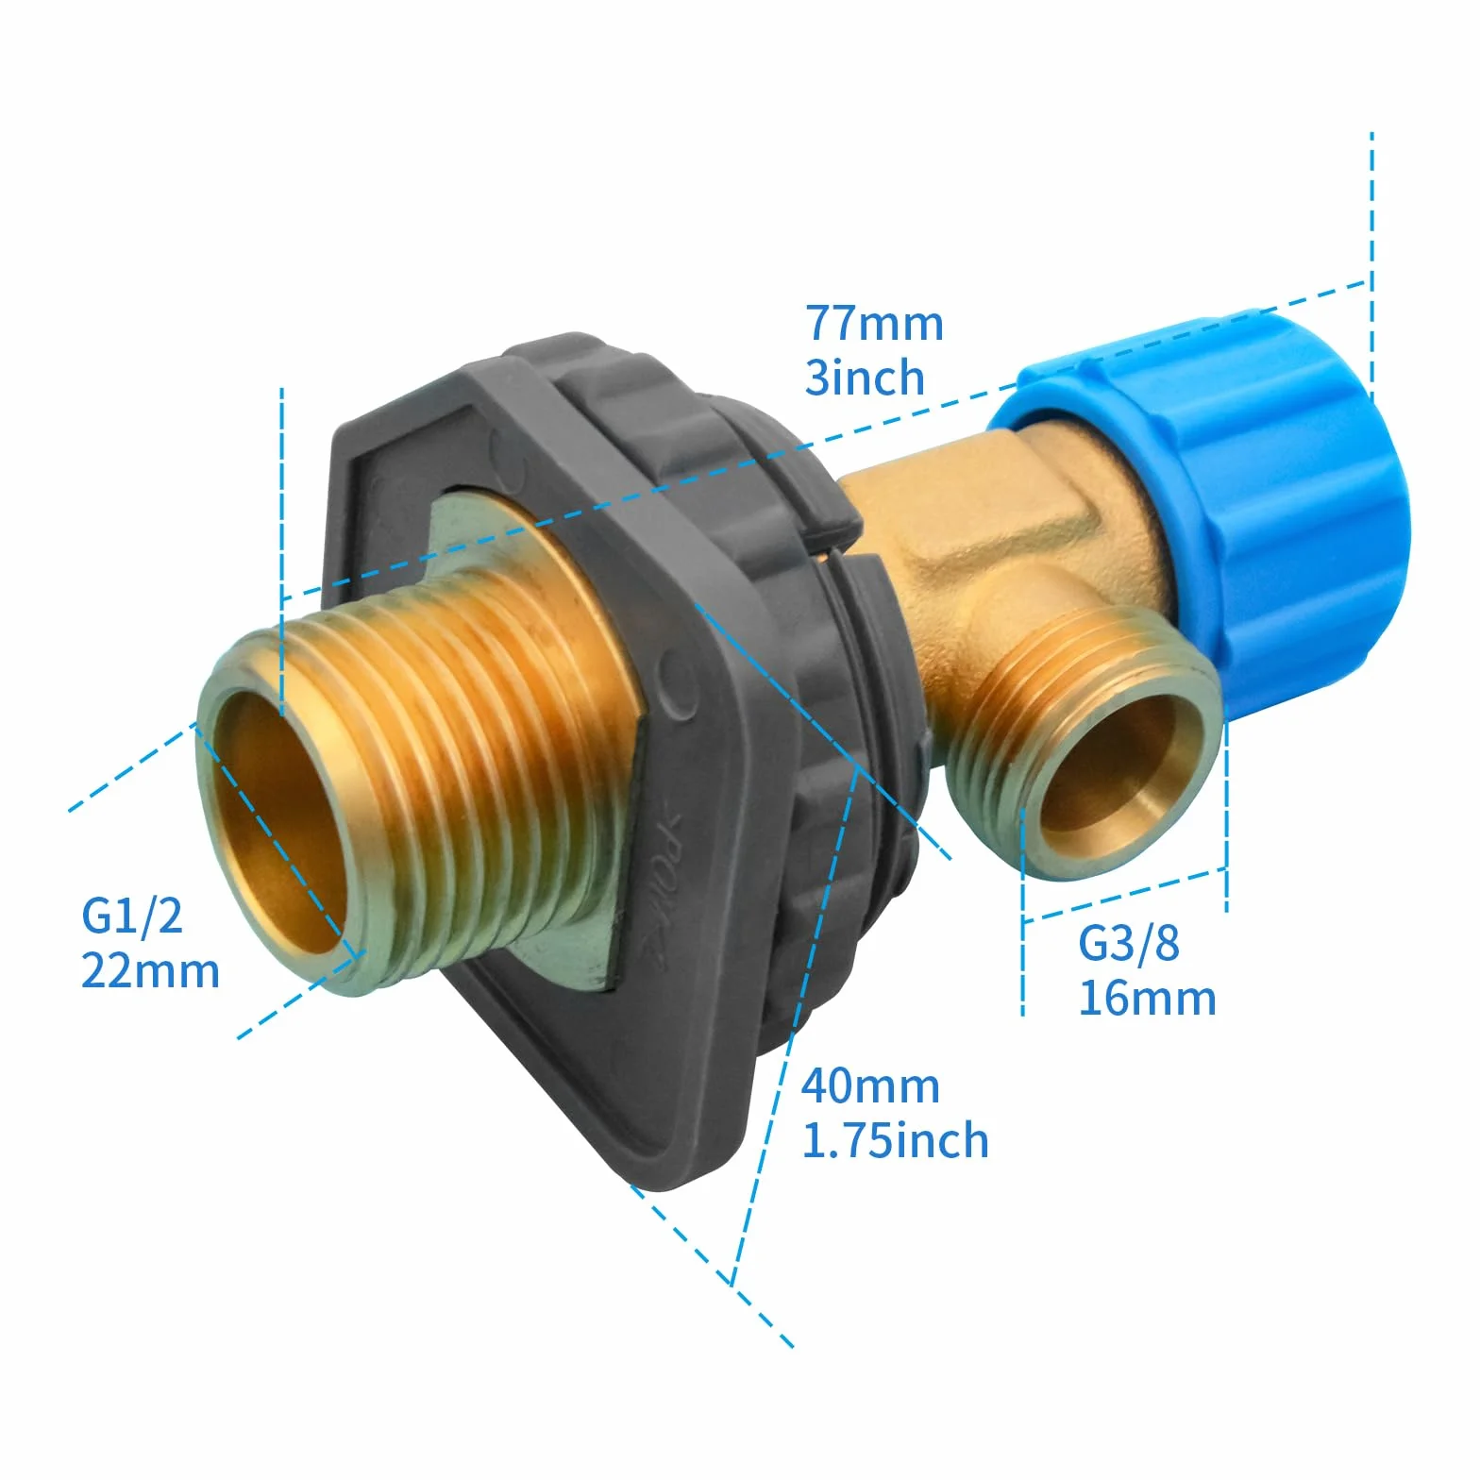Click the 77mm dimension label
coord(874,323)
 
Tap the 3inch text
coord(865,378)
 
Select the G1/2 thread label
coord(132,916)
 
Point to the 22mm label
coord(150,971)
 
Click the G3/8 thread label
coord(1129,943)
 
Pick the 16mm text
coord(1147,999)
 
